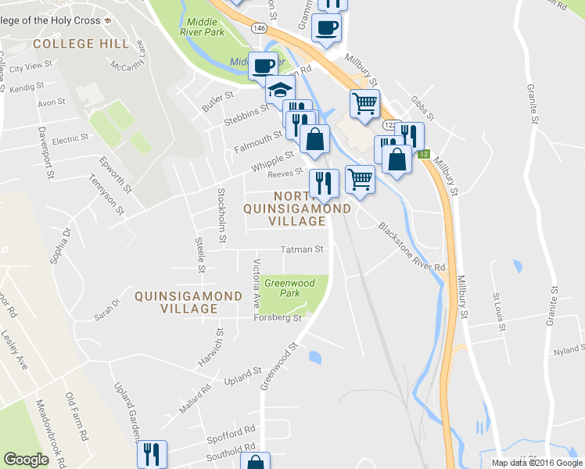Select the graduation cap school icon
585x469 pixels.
279,90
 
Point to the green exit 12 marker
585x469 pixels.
423,155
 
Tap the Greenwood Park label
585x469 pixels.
289,288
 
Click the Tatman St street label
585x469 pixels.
302,250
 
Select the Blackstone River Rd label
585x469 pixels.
411,247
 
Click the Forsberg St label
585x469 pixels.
276,318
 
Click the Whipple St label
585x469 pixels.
271,162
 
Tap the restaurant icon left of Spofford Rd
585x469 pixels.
151,454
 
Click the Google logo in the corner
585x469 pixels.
26,460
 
